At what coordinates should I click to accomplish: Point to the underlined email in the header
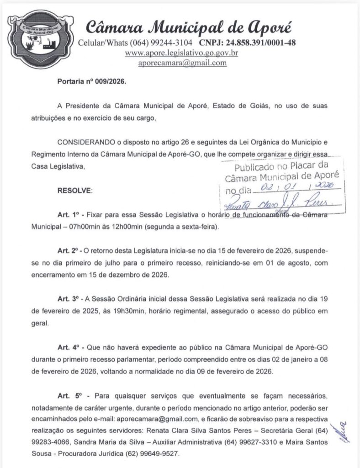coord(183,63)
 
